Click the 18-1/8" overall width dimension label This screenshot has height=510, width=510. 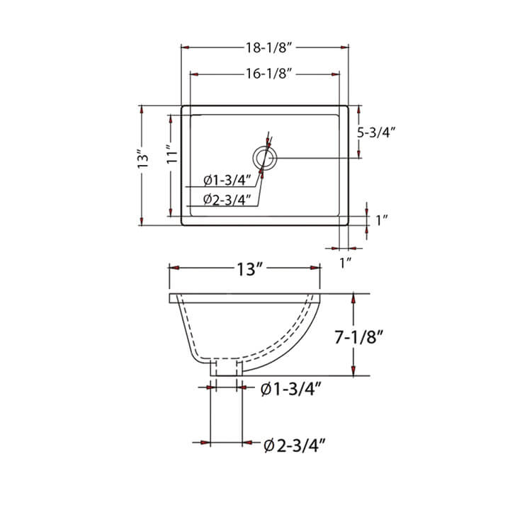(266, 47)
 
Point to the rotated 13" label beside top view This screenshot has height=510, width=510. (143, 159)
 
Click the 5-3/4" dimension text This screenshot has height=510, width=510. (377, 132)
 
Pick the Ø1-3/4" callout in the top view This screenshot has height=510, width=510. (225, 179)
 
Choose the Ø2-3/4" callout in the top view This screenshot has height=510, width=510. (225, 200)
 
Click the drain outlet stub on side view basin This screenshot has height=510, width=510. (227, 367)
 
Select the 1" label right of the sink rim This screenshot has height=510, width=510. (382, 220)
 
